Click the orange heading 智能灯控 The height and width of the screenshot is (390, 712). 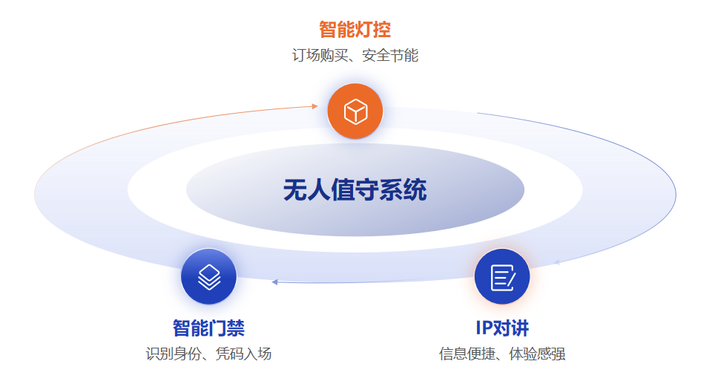tap(355, 30)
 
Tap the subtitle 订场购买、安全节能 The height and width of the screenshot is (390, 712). tap(355, 56)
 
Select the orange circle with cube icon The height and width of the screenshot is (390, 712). tap(355, 111)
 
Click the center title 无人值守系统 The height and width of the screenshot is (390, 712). tap(355, 189)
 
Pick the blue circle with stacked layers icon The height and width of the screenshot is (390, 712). tap(209, 276)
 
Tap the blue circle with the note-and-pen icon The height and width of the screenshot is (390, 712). tap(502, 276)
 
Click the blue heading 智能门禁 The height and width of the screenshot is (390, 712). tap(209, 328)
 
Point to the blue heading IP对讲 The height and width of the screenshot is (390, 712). tap(502, 328)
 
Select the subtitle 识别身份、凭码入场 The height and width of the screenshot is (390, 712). tap(209, 354)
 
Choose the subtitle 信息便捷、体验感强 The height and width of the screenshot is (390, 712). tap(502, 354)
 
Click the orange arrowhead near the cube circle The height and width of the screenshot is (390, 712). tap(314, 106)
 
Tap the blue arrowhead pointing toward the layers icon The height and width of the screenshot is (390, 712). tap(274, 282)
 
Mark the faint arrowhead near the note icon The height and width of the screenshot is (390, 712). tap(557, 262)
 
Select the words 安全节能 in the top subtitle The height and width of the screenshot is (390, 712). tap(391, 56)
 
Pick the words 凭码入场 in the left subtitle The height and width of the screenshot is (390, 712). tap(244, 354)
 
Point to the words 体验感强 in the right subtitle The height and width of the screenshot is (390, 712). tap(538, 354)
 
